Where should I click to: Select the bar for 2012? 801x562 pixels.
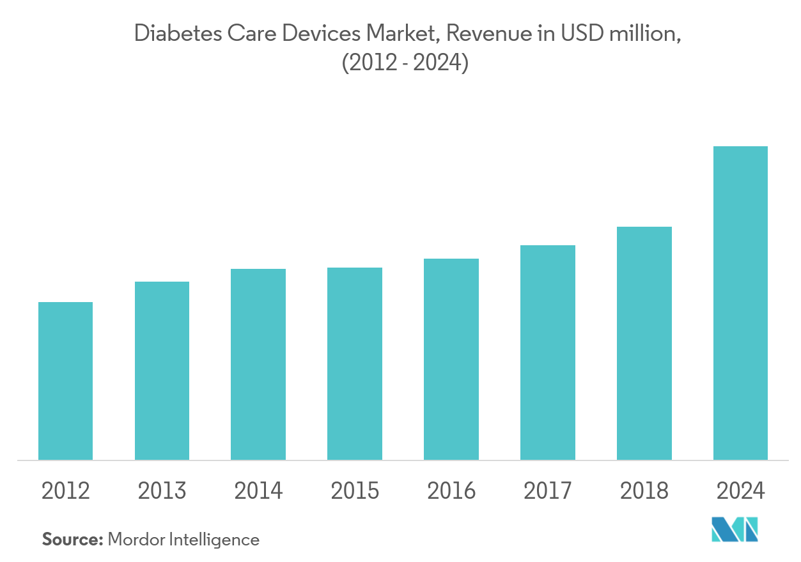(x=66, y=381)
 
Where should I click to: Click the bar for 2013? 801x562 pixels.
(x=162, y=370)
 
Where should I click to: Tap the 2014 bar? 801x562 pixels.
(x=258, y=364)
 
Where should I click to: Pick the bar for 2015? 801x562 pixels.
(x=355, y=363)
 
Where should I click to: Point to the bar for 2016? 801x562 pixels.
(x=451, y=359)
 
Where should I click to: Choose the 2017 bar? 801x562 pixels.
(x=548, y=353)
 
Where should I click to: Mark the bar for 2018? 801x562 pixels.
(x=644, y=343)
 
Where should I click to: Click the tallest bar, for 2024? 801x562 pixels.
(x=740, y=303)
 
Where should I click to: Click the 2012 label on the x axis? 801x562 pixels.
(x=66, y=490)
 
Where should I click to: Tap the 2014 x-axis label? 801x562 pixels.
(x=258, y=490)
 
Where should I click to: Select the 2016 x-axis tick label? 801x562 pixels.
(x=451, y=490)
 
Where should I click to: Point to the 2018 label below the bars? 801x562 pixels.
(x=644, y=490)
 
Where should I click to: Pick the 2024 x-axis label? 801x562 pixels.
(x=740, y=490)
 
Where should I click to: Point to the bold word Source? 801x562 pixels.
(x=72, y=540)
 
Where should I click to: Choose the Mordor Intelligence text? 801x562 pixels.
(x=183, y=540)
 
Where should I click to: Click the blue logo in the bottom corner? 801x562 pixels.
(x=735, y=529)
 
